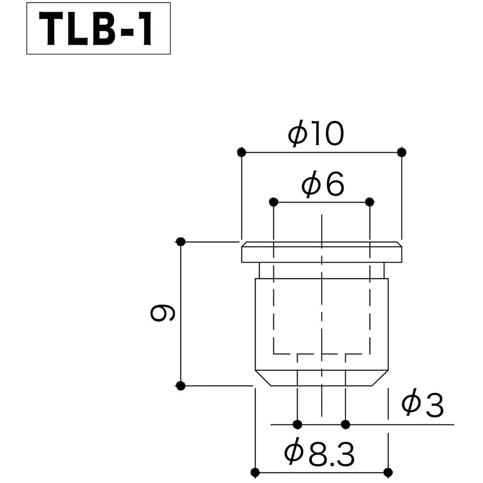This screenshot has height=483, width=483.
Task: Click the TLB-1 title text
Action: (x=98, y=29)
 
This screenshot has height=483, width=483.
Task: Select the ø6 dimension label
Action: (x=323, y=185)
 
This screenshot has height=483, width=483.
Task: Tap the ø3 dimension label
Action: (x=422, y=405)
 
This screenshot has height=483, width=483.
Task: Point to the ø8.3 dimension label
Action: (x=319, y=454)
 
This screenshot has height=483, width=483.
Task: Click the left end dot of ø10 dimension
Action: (x=241, y=153)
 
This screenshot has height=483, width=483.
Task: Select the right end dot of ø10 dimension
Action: (x=402, y=153)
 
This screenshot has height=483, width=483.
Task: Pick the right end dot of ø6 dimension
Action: (x=369, y=202)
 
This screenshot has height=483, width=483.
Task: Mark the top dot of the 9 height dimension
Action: (x=181, y=242)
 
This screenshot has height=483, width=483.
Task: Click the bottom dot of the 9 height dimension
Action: (x=181, y=385)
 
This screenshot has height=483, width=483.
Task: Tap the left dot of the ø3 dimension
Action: (x=297, y=424)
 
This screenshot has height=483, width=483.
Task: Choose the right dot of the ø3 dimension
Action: (x=345, y=424)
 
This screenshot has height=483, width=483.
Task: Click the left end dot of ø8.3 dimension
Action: (x=255, y=472)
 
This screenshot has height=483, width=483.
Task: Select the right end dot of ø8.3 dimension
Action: (x=388, y=472)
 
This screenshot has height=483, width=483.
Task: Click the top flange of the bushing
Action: (x=322, y=253)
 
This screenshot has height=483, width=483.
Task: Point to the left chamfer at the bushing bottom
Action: (x=263, y=378)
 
